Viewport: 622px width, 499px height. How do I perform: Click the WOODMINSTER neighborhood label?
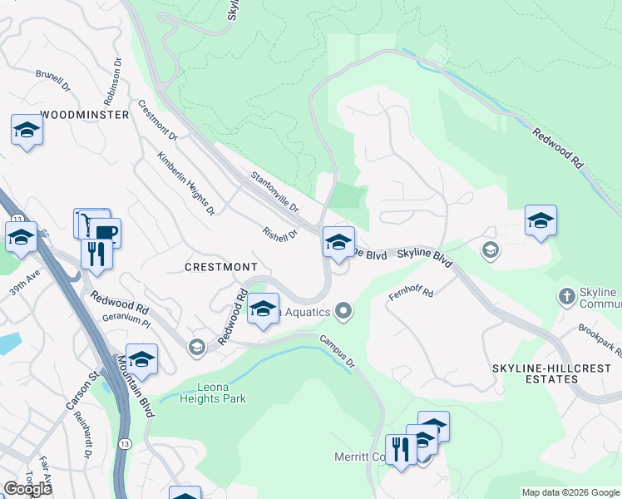tap(85, 114)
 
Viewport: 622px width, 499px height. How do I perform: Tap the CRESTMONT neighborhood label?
tap(221, 266)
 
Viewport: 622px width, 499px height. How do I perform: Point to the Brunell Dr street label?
tap(52, 81)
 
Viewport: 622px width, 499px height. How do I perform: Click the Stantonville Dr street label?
tap(275, 190)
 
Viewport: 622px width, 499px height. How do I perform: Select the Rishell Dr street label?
tap(279, 235)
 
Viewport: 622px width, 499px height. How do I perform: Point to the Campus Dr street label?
tap(338, 352)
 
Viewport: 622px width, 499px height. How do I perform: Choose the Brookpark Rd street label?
tap(599, 340)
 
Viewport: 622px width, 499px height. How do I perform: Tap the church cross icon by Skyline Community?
tap(566, 296)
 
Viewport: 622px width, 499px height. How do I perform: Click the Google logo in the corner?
tap(27, 488)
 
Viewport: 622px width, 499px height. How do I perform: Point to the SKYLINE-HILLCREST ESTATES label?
tap(535, 373)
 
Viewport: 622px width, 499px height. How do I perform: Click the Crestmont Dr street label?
tap(157, 120)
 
